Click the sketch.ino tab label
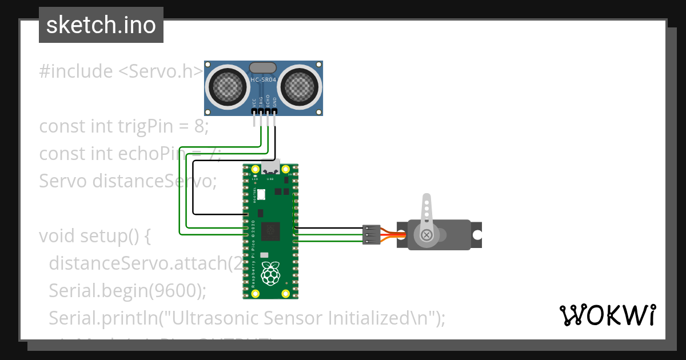pos(101,25)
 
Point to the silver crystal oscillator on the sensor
pos(264,68)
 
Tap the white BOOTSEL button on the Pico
pos(261,194)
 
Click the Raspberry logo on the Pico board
pos(270,275)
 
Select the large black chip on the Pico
pos(270,231)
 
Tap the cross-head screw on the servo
pos(426,234)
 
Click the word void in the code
pos(57,236)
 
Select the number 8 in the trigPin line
pos(199,126)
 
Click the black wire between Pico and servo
pos(329,229)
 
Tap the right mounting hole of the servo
pos(476,234)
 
